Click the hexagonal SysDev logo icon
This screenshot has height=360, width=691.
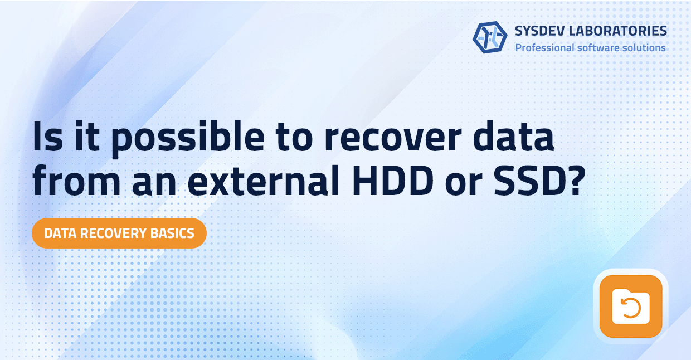pos(490,37)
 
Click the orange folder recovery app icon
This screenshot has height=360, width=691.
pos(630,306)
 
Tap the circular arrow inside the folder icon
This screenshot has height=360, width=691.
pos(630,308)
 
